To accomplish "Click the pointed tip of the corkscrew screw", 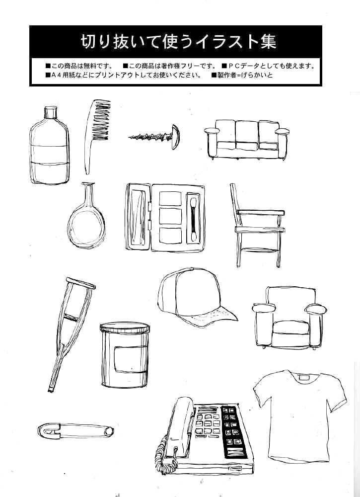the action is point(129,137).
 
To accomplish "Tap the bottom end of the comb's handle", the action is point(86,173).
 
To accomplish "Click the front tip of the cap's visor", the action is point(237,319).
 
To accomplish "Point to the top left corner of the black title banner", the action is point(29,26).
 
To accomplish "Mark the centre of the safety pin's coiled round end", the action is point(109,431).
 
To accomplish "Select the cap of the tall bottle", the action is point(51,112).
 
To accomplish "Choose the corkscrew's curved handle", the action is point(175,137).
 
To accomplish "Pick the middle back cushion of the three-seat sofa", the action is point(247,132).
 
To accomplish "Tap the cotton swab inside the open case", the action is point(192,219).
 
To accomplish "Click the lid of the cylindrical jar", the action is point(125,328).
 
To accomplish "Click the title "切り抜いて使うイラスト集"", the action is point(179,42).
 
